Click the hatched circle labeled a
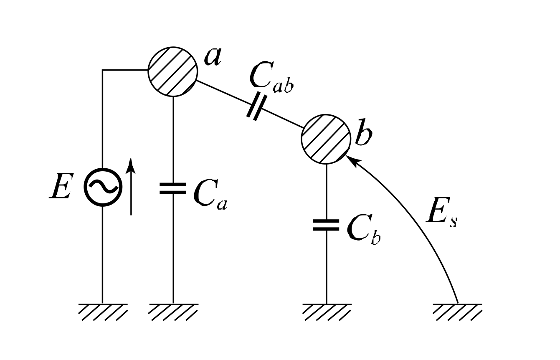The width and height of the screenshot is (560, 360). click(x=172, y=71)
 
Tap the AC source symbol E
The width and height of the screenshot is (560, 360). click(x=103, y=187)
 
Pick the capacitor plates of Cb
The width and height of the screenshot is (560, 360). click(x=326, y=225)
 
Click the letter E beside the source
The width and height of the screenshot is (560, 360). click(x=60, y=187)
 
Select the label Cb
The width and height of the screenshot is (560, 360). click(x=363, y=231)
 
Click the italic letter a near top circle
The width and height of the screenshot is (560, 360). click(x=213, y=56)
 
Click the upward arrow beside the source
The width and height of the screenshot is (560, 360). click(x=131, y=186)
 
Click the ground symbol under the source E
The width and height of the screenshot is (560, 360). click(x=103, y=311)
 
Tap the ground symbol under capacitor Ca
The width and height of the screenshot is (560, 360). click(x=173, y=311)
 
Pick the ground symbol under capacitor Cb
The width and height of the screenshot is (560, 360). click(x=326, y=311)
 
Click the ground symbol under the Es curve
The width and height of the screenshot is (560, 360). click(x=458, y=311)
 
